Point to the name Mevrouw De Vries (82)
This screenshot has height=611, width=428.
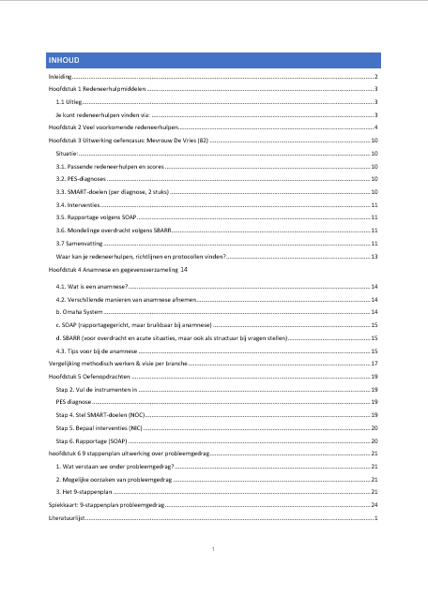(x=177, y=139)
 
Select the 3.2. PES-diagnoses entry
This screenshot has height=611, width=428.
(x=82, y=177)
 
